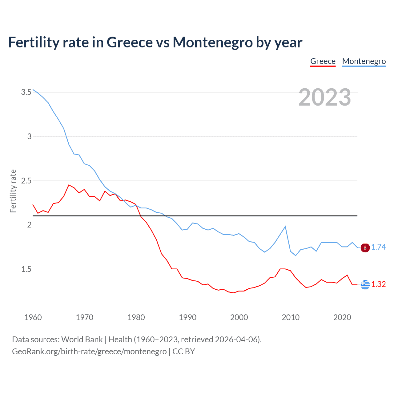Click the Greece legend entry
point(323,61)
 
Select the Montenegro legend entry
point(364,61)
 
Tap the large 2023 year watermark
point(324,97)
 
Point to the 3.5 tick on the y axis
point(26,92)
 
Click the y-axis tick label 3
point(29,136)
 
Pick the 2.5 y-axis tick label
point(26,181)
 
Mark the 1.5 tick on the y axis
point(26,269)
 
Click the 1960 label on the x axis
point(33,317)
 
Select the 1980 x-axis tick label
point(136,317)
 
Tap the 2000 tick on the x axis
point(239,317)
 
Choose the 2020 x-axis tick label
point(342,317)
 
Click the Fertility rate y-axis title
point(13,191)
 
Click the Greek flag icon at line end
point(365,284)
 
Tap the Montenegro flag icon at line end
point(365,247)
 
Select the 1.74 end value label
point(378,247)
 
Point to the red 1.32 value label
point(378,284)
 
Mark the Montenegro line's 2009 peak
point(285,227)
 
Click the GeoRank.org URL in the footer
point(89,352)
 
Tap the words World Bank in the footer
point(82,340)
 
